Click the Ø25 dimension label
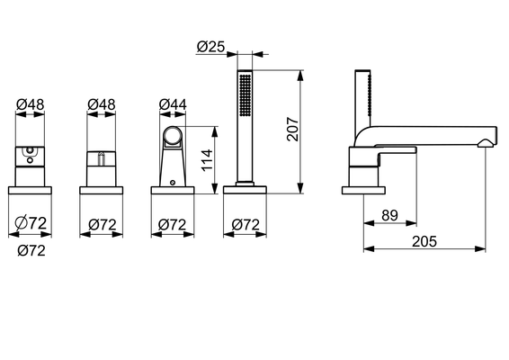[x=210, y=47]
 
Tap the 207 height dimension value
[x=293, y=129]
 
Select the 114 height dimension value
[x=207, y=160]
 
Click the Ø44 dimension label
[x=173, y=104]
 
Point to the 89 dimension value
[x=389, y=215]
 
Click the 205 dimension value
[x=424, y=241]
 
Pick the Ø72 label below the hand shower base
[x=246, y=225]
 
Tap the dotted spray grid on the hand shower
[x=246, y=94]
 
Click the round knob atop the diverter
[x=173, y=137]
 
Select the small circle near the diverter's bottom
[x=173, y=183]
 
